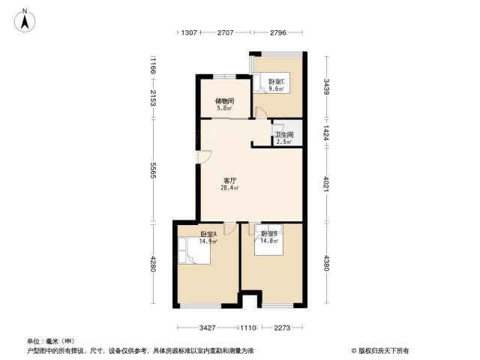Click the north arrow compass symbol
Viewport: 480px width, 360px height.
pyautogui.click(x=25, y=20)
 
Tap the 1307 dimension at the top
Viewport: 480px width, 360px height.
pyautogui.click(x=189, y=32)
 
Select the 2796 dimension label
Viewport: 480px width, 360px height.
pyautogui.click(x=278, y=32)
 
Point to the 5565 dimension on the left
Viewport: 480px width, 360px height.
pyautogui.click(x=153, y=170)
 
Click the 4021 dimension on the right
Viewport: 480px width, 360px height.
pyautogui.click(x=327, y=184)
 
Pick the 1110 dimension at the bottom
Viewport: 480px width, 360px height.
pyautogui.click(x=248, y=328)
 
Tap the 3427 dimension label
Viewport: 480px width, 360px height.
pyautogui.click(x=207, y=328)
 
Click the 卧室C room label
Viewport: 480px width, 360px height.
pyautogui.click(x=277, y=82)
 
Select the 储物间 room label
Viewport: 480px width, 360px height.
pyautogui.click(x=225, y=101)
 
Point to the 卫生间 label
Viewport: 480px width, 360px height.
pyautogui.click(x=284, y=135)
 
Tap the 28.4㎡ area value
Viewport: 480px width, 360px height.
pyautogui.click(x=229, y=187)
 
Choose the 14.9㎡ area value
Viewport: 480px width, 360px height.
pyautogui.click(x=208, y=241)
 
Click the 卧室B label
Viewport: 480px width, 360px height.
pyautogui.click(x=269, y=234)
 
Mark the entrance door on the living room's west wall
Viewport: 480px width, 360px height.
pyautogui.click(x=204, y=157)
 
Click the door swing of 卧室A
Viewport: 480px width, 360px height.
pyautogui.click(x=230, y=229)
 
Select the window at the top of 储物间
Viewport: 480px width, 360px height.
pyautogui.click(x=225, y=76)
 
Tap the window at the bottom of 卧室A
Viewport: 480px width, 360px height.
pyautogui.click(x=200, y=305)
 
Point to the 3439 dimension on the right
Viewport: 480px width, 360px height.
pyautogui.click(x=327, y=87)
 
